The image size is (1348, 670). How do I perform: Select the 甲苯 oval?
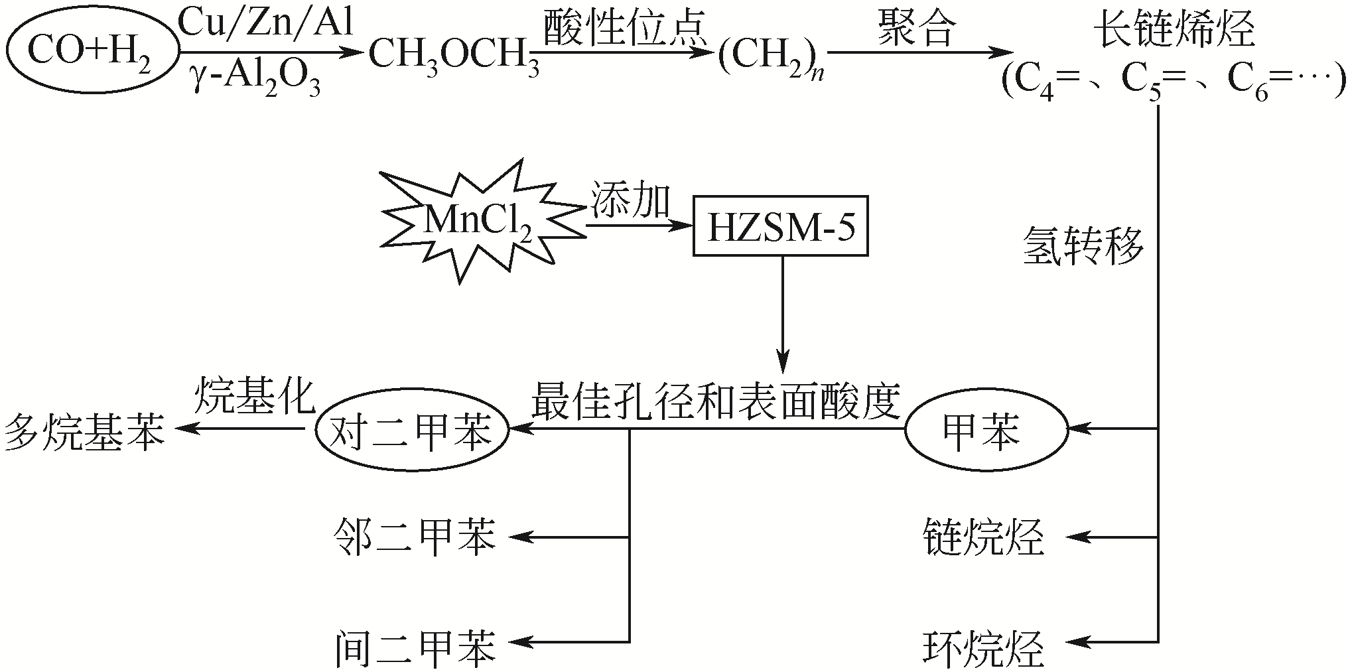[x=986, y=431]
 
